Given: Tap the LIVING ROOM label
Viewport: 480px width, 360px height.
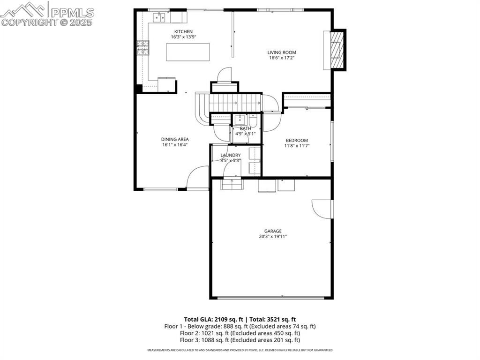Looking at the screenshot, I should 282,52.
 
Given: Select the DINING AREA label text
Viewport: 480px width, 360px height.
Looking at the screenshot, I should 175,139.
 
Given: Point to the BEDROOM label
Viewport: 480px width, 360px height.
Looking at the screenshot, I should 297,140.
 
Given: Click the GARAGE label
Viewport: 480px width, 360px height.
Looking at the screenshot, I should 272,231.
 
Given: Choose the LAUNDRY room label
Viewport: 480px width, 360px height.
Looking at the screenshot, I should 230,155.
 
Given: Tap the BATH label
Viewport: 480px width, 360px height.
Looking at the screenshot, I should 245,128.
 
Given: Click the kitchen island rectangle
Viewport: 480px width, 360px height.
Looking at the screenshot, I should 187,52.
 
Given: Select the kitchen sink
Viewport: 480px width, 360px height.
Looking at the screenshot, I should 159,18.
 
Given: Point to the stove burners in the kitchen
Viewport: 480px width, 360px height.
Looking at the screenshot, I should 142,47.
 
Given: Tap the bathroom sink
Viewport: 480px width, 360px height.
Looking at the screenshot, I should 239,119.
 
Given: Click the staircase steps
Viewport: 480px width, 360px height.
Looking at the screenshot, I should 234,102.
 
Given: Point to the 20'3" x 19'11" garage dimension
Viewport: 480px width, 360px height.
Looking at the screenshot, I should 272,237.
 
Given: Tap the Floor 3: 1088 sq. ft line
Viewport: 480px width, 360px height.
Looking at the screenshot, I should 240,340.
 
